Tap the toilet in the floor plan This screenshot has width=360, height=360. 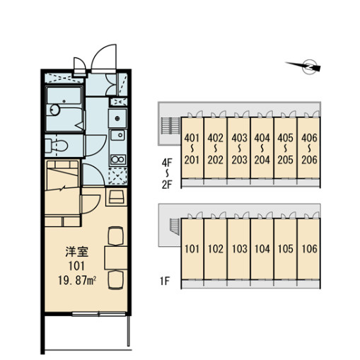56,146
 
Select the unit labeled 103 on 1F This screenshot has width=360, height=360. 240,249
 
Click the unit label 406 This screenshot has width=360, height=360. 309,138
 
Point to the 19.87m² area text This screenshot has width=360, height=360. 77,280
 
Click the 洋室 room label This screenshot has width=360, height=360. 77,252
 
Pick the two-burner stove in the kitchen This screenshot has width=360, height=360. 118,160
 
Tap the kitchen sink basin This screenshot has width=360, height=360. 118,135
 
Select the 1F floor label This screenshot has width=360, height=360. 165,281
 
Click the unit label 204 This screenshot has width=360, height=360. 262,160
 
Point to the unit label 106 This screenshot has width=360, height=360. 309,249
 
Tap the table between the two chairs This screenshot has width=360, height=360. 116,257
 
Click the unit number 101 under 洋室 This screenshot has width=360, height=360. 77,266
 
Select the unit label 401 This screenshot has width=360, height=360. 192,138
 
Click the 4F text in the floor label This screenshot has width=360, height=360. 167,163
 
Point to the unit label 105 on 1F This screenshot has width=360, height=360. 286,249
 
